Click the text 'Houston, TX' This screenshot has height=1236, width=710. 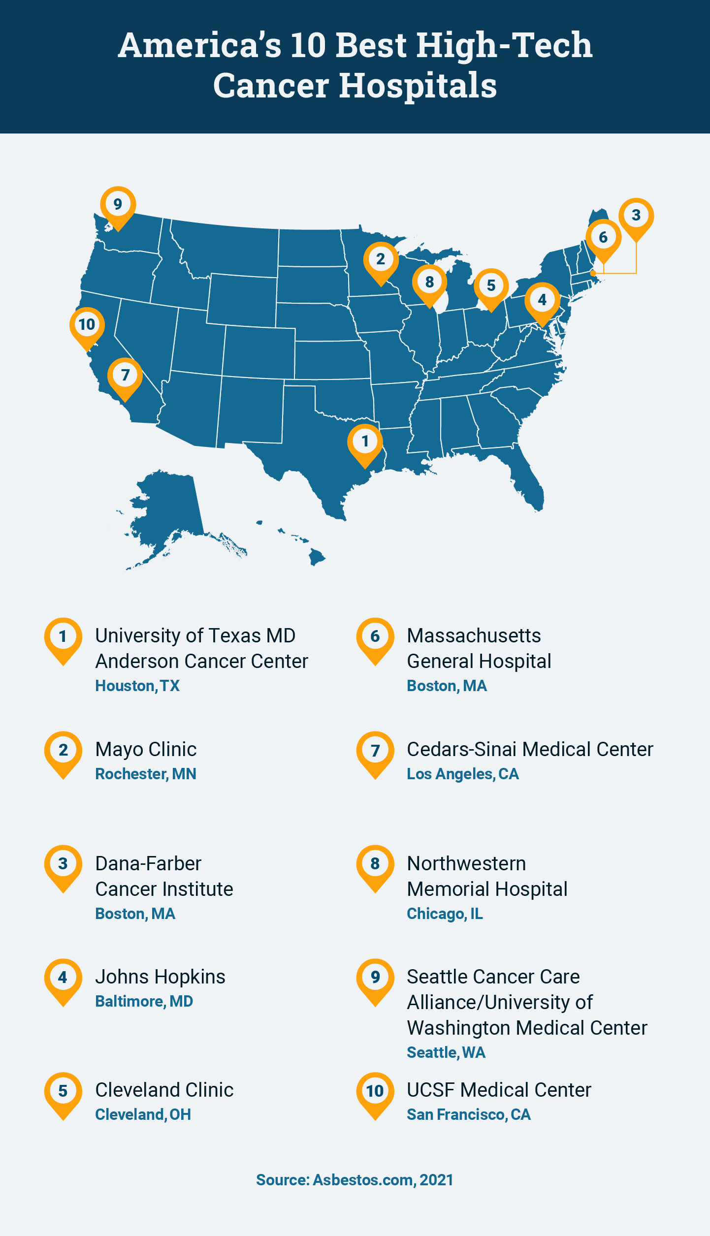coord(137,686)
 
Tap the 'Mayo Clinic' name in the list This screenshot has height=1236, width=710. coord(146,749)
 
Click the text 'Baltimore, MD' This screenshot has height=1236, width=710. coord(144,1001)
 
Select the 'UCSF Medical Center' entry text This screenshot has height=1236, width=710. coord(499,1090)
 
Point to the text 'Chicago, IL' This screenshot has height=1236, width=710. coord(445,914)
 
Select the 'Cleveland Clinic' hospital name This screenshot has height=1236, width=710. coord(164,1090)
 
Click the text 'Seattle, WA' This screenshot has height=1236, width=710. coord(446,1052)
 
